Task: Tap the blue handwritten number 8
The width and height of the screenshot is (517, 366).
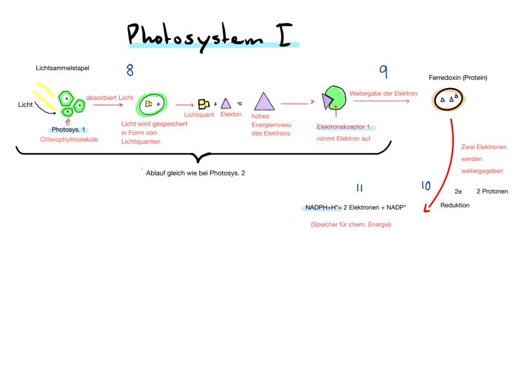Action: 130,69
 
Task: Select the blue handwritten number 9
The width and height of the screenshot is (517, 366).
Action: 383,72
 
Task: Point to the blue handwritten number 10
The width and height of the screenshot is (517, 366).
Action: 426,185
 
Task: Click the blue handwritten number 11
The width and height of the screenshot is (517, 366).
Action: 360,187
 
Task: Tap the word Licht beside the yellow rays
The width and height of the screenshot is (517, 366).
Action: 25,105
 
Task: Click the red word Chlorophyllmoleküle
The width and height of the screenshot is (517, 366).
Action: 70,139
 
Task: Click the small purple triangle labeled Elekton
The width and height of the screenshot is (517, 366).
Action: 225,104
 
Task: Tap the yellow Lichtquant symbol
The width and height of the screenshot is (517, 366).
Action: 203,104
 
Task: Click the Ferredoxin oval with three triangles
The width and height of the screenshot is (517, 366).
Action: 449,100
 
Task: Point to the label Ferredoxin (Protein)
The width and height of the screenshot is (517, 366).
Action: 458,77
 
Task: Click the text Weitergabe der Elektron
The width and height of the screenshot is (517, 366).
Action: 383,93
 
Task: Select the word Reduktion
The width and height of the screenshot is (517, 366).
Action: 455,205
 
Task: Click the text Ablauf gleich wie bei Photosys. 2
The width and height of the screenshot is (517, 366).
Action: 195,173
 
